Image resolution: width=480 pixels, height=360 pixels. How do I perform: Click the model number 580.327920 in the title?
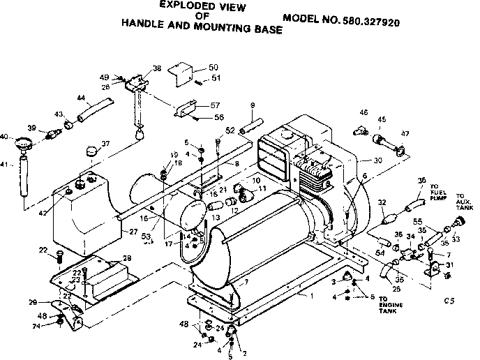[x=381, y=22]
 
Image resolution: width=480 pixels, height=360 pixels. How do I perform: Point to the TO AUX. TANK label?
[x=463, y=201]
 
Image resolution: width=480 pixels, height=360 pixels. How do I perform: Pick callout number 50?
[x=213, y=66]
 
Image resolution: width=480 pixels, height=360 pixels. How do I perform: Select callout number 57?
[x=215, y=105]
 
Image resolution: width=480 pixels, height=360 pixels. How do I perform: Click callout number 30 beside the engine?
[x=378, y=160]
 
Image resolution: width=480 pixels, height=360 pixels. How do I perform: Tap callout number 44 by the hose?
[x=81, y=98]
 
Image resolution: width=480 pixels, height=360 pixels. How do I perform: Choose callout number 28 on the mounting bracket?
[x=126, y=258]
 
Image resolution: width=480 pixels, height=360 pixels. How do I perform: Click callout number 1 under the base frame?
[x=302, y=297]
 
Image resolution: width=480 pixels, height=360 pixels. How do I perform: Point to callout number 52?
[x=230, y=130]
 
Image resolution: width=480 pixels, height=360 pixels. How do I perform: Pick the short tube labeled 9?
[x=248, y=130]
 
